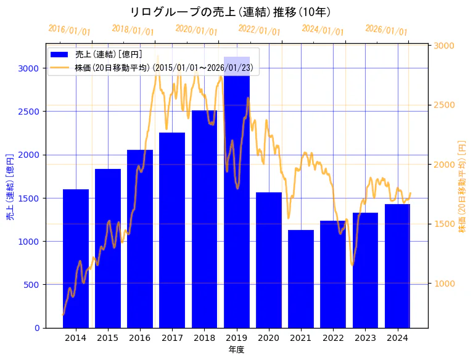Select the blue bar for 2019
(x=237, y=197)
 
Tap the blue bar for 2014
(x=76, y=259)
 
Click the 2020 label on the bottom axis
(x=269, y=338)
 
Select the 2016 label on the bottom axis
(x=140, y=338)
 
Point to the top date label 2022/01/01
(x=259, y=30)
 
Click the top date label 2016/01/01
(x=69, y=30)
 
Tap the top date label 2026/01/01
(x=386, y=30)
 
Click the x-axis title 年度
(x=236, y=350)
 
